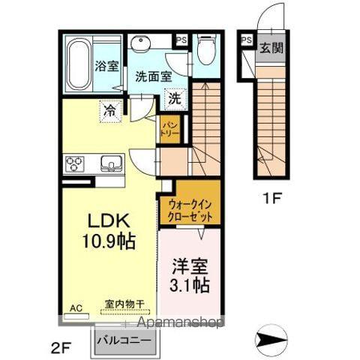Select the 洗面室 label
click(x=154, y=76)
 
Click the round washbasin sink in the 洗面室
click(x=140, y=43)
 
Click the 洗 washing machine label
click(x=174, y=97)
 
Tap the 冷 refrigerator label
click(x=110, y=109)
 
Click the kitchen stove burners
click(x=76, y=163)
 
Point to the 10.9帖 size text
click(x=111, y=241)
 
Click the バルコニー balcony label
click(x=125, y=341)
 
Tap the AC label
click(x=74, y=308)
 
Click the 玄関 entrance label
click(x=271, y=49)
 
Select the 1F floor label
click(x=271, y=200)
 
